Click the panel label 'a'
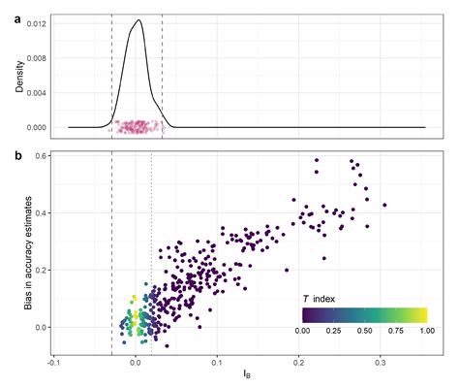pos(7,7)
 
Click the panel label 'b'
pos(7,153)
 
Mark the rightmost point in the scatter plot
pos(384,205)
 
